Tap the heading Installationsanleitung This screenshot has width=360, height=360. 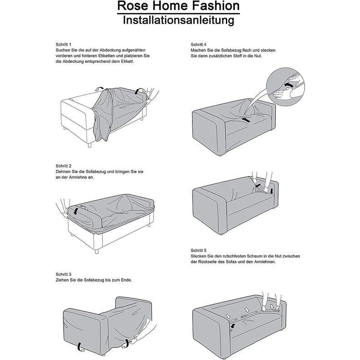(178, 20)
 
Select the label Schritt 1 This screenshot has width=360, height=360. (63, 45)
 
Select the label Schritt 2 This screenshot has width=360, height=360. (63, 166)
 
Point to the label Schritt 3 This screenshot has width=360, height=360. (63, 274)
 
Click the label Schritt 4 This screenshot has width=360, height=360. (198, 45)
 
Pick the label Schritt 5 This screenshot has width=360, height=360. (198, 250)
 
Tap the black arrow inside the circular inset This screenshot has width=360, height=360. (289, 85)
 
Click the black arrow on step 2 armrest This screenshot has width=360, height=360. (76, 211)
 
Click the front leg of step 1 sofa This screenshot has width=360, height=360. (90, 145)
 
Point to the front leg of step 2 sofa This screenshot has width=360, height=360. (96, 251)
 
